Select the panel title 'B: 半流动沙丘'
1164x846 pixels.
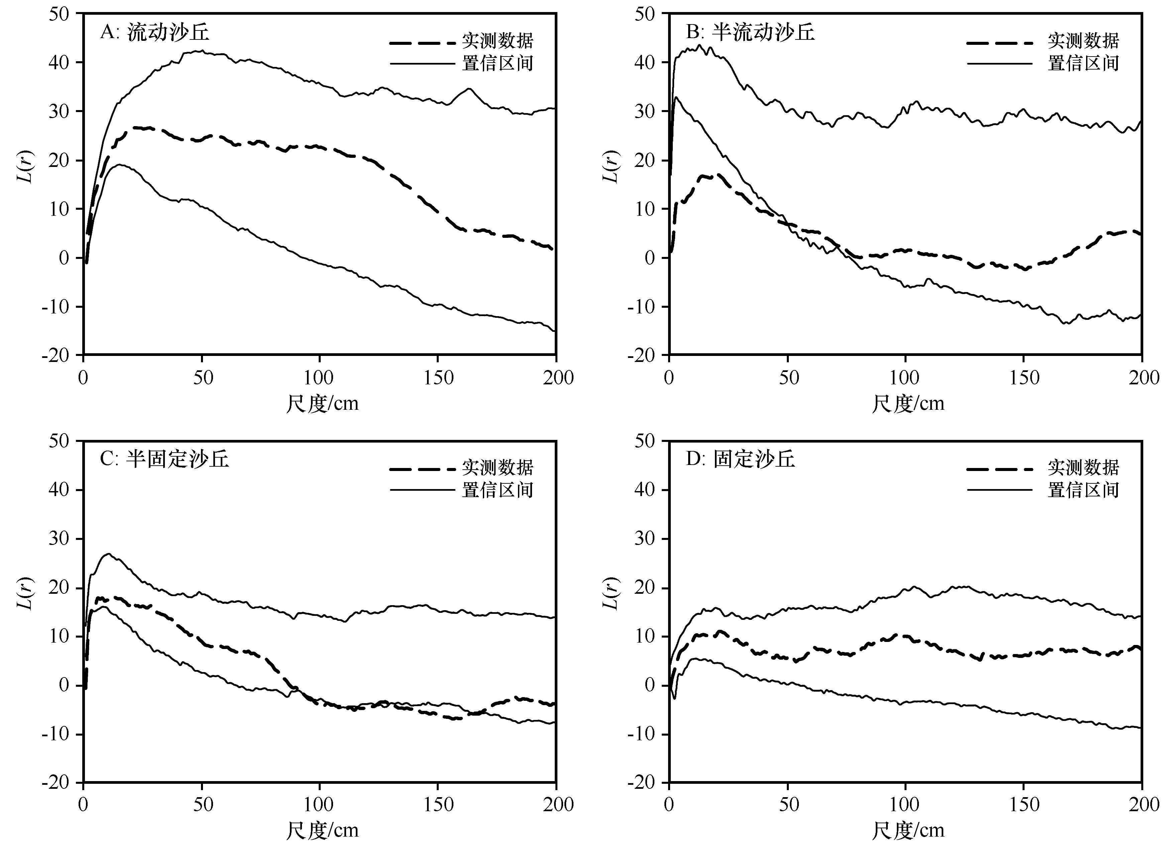tap(750, 32)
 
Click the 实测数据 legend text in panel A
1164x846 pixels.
tap(497, 40)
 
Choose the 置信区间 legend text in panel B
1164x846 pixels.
tap(1083, 63)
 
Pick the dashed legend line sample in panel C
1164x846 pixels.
tap(422, 469)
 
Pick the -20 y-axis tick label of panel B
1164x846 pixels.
tap(642, 355)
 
